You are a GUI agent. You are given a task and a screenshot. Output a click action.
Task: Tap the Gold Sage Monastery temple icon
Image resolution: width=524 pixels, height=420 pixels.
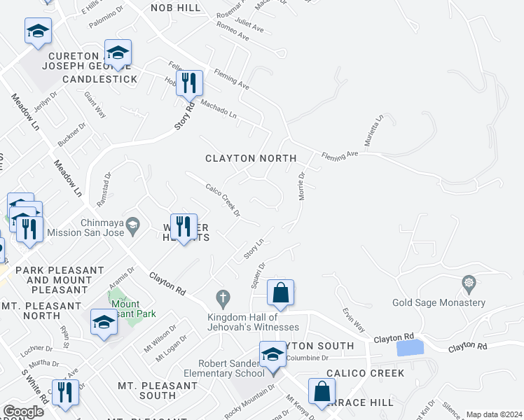(469, 283)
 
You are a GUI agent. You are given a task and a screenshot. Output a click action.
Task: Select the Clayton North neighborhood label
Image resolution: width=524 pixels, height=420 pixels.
(251, 159)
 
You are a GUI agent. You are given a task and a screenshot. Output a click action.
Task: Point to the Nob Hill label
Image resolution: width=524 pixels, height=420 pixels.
(176, 8)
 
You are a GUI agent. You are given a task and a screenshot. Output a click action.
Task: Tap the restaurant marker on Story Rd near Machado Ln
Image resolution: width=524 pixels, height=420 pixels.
(189, 83)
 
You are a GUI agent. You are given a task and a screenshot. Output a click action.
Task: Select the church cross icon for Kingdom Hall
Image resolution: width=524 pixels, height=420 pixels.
(223, 298)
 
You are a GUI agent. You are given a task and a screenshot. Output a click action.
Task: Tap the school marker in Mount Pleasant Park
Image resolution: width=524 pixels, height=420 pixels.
(104, 322)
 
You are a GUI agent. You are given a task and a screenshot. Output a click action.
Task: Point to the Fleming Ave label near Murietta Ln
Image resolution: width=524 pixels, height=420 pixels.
(340, 153)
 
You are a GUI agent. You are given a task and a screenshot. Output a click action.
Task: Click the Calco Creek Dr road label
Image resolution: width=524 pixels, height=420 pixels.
(223, 199)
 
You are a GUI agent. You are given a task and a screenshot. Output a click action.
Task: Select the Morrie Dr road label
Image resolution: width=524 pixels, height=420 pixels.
(303, 186)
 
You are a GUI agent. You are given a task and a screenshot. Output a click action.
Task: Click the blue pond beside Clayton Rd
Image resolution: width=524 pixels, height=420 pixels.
(410, 347)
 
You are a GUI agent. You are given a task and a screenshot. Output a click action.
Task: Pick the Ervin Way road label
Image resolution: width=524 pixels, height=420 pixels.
(354, 319)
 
